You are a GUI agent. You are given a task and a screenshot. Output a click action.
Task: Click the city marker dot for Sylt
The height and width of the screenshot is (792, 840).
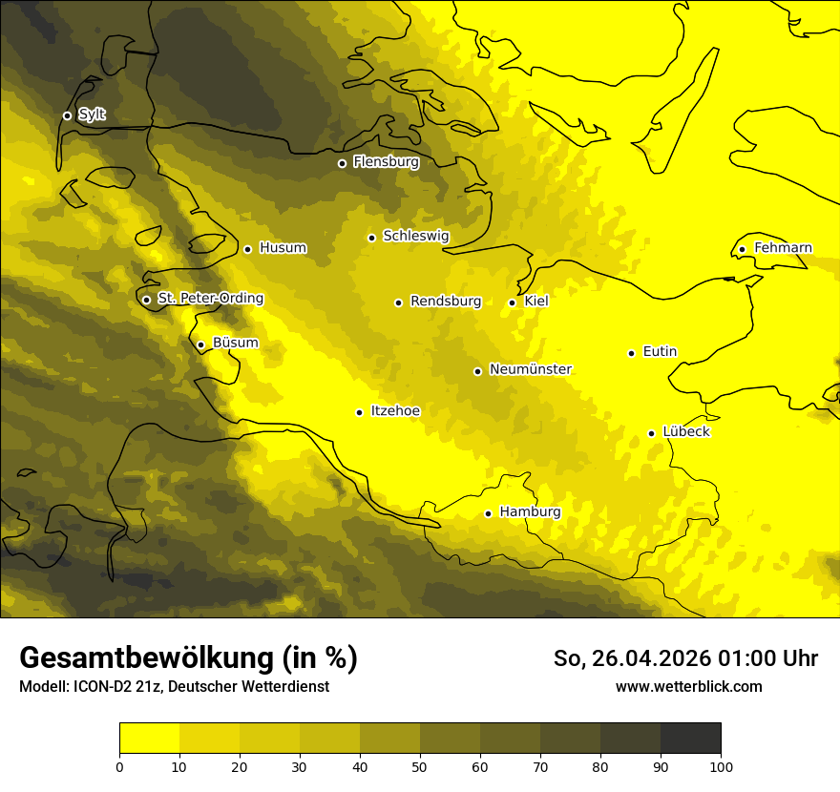click(67, 115)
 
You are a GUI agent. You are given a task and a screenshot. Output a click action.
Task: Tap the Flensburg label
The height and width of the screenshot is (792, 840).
click(386, 162)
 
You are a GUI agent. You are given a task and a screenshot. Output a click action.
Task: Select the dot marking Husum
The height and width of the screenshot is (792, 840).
click(247, 249)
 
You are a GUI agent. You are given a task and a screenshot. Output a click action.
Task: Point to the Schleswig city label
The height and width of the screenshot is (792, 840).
click(415, 236)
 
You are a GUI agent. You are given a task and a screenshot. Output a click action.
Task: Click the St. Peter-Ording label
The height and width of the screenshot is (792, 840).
click(210, 299)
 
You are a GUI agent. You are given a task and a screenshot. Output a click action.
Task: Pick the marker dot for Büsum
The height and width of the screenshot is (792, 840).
click(200, 344)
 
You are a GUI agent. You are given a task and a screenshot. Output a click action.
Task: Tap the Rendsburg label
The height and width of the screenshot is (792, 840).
click(446, 302)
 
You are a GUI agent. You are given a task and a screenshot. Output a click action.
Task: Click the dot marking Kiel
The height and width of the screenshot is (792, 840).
click(513, 302)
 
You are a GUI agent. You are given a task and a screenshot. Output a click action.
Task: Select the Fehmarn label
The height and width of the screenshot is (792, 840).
click(783, 248)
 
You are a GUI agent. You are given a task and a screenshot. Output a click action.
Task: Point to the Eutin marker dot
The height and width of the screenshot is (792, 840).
click(631, 353)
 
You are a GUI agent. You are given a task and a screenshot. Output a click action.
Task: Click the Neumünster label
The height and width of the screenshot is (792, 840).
click(530, 369)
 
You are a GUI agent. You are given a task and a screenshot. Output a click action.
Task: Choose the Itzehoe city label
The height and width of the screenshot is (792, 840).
click(395, 411)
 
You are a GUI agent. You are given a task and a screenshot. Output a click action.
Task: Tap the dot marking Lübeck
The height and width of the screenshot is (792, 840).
click(651, 433)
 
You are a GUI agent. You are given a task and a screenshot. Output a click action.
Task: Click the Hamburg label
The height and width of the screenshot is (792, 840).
click(530, 512)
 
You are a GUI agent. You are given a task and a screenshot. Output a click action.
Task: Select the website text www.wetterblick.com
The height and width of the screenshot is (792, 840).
click(688, 686)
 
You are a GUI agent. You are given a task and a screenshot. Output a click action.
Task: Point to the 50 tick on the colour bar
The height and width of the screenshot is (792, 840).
click(420, 765)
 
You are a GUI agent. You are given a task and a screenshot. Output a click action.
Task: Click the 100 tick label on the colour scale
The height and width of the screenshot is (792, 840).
click(721, 765)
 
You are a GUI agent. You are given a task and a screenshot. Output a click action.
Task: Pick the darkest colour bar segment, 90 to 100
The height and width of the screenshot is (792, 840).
click(690, 739)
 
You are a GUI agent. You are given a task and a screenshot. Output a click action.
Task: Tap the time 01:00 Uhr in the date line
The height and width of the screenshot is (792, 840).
click(768, 658)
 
